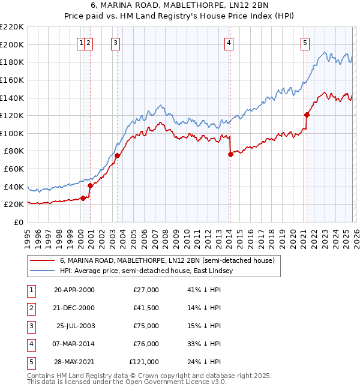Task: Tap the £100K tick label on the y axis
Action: click(13, 133)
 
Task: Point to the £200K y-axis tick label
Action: click(13, 44)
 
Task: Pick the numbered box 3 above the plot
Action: click(115, 43)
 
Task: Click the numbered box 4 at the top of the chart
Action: click(229, 43)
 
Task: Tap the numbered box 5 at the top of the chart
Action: click(305, 43)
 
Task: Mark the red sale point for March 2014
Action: click(230, 154)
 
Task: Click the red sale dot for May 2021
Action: click(307, 115)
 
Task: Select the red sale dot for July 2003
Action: click(118, 155)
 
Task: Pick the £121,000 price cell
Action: click(144, 362)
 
